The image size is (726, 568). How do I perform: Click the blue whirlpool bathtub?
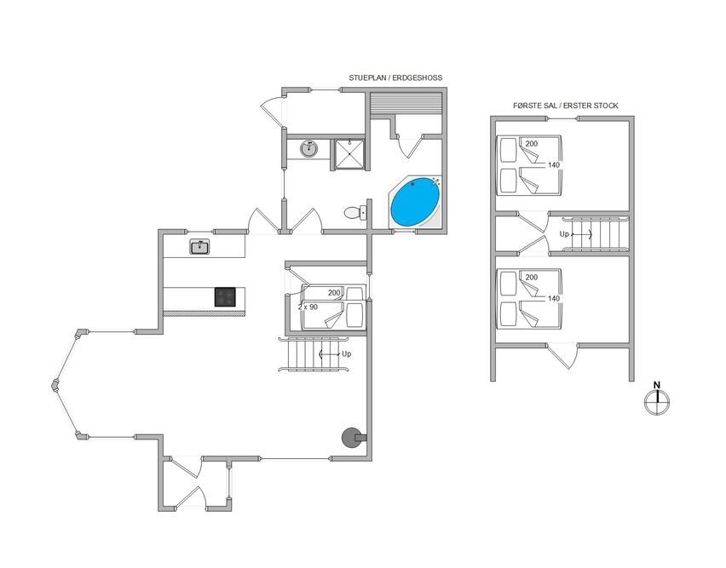[415, 202]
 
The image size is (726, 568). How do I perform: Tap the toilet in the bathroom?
[355, 213]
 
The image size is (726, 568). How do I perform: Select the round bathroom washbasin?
[308, 149]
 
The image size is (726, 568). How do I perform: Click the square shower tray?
[349, 154]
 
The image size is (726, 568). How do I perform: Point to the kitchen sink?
[199, 247]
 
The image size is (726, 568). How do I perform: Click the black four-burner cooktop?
[225, 297]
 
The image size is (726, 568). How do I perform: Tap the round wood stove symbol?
[351, 438]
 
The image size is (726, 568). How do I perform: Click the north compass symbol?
[657, 399]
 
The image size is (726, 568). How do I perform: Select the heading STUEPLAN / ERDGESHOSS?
[395, 77]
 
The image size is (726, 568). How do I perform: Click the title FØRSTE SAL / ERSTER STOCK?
[565, 106]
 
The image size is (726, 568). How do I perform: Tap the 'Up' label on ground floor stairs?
[346, 354]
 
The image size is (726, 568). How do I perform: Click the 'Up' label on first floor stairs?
[564, 234]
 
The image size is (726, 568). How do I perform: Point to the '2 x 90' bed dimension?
[308, 307]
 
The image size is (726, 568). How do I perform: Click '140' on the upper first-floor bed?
[554, 165]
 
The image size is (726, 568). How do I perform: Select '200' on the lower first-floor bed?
[532, 277]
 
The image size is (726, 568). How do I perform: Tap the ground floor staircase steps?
[314, 354]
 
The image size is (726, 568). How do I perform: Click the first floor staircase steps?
[596, 234]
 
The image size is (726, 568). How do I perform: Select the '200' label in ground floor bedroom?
[334, 293]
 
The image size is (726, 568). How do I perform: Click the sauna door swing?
[410, 147]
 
